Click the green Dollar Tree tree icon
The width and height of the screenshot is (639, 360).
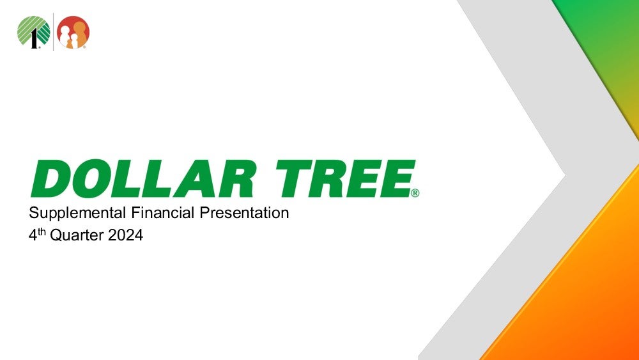click(x=34, y=32)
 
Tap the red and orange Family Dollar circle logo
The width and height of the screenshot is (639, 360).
click(x=73, y=32)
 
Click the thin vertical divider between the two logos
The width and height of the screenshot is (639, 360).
click(x=54, y=32)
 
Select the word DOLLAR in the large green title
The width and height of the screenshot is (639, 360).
click(x=144, y=178)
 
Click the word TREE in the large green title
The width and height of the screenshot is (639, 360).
click(x=346, y=178)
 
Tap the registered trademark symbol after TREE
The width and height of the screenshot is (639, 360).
click(x=415, y=193)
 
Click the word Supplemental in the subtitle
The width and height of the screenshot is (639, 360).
click(x=77, y=213)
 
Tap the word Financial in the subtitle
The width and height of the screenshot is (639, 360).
click(x=162, y=212)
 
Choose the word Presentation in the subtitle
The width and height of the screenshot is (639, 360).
click(x=244, y=212)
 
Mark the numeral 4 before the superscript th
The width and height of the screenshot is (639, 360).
click(x=33, y=235)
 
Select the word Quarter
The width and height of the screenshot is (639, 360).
click(x=77, y=235)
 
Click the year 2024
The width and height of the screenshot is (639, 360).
click(x=125, y=235)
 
